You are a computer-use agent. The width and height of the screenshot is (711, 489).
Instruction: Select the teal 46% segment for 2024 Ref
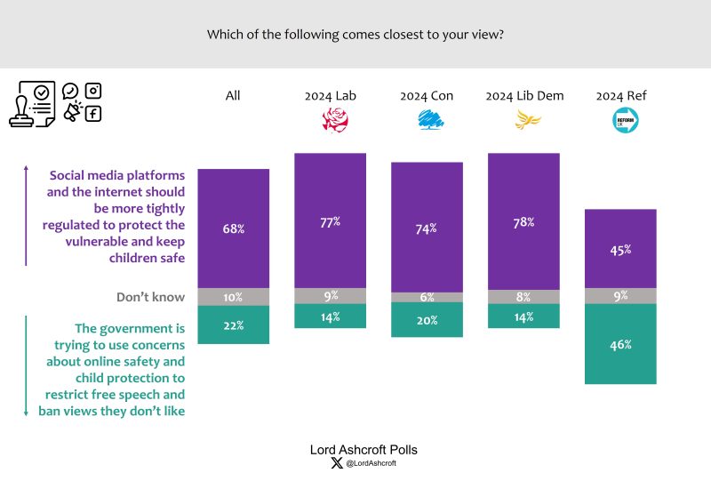pos(620,344)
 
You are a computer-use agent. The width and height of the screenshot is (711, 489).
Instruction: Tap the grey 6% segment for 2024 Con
pos(427,298)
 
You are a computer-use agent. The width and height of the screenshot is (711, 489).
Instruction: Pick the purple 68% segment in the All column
pos(234,228)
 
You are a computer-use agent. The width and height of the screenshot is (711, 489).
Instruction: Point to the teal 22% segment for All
pos(234,325)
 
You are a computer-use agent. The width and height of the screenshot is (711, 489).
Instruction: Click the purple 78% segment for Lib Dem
pos(524,221)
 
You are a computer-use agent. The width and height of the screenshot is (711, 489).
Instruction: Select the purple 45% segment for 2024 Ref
pos(620,249)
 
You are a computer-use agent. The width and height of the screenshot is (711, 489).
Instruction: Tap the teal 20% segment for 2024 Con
pos(427,320)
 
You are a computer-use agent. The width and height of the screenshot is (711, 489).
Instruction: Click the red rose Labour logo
pos(335,120)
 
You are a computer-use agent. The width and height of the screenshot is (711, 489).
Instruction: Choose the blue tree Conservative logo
pos(431,120)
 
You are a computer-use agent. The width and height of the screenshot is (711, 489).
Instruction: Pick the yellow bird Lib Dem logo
pos(528,120)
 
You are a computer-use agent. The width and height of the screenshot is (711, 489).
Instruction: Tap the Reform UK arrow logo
pos(625,120)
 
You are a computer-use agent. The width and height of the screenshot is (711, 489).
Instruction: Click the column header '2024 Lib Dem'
pos(524,96)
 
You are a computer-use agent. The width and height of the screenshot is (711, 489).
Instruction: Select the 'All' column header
pos(233,96)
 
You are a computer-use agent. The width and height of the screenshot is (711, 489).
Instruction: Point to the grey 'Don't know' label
pos(150,297)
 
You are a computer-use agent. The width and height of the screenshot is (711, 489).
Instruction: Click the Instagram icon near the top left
pos(93,91)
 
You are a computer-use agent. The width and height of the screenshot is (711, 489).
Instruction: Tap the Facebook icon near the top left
pos(93,113)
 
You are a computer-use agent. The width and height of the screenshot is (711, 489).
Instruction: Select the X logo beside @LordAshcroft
pos(335,463)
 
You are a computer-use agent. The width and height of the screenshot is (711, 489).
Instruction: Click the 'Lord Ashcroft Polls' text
pos(363,450)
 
